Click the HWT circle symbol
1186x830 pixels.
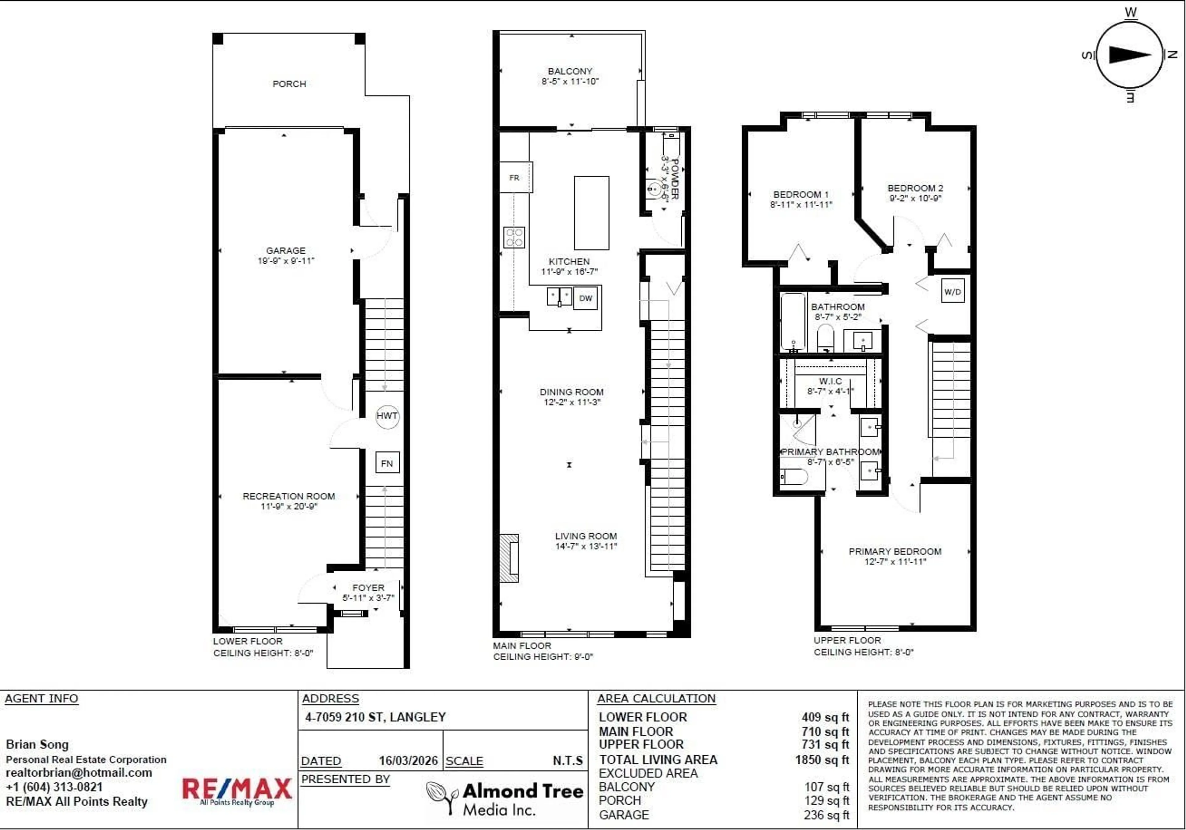387,416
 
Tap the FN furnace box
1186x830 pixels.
387,463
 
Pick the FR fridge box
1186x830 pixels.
515,177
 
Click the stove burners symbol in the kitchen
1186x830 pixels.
514,237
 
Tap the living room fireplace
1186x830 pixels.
509,558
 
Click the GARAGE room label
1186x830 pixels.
286,250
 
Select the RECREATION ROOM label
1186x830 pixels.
289,496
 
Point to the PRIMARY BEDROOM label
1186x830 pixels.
895,551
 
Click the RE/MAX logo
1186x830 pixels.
237,790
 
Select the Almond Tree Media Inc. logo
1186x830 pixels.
505,798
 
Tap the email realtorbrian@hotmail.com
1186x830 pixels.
79,773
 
